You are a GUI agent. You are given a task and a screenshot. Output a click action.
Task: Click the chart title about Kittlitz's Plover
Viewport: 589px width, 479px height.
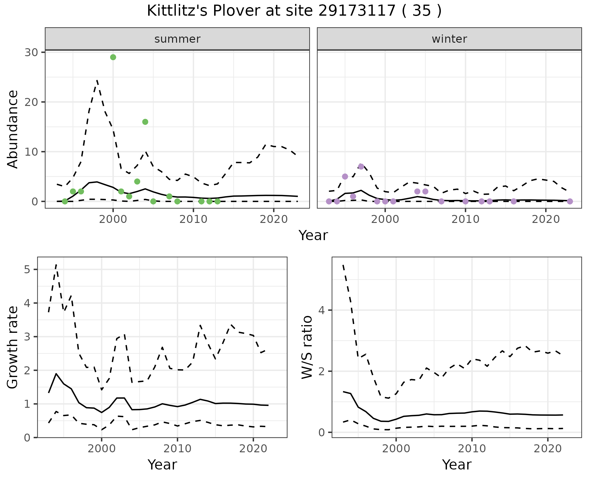pos(294,11)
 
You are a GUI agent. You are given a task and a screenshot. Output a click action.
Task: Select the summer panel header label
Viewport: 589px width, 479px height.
pos(177,39)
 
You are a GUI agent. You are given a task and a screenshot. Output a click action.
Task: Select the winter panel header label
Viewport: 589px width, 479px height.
pos(449,39)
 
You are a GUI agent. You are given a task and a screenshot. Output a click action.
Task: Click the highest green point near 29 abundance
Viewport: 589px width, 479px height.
pos(113,57)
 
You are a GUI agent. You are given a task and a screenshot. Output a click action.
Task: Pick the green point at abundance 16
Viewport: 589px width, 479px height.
pos(145,122)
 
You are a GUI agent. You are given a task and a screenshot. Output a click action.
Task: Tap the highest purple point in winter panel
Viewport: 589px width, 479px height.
pos(361,166)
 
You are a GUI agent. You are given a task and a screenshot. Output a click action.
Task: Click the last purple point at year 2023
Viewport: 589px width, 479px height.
pos(570,201)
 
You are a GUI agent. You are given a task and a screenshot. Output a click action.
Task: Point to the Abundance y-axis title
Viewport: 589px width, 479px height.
pos(13,129)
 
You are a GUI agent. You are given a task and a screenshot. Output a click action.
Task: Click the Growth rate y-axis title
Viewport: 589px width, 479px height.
pos(13,348)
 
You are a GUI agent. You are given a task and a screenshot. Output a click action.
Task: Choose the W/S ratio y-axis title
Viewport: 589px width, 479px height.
pos(307,348)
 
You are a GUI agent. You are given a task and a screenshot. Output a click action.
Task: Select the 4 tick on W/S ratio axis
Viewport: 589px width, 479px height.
pos(321,310)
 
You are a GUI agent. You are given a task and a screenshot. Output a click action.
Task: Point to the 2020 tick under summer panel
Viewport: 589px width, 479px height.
pos(274,220)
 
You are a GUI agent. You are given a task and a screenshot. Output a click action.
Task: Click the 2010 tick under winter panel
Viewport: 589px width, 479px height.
pos(465,220)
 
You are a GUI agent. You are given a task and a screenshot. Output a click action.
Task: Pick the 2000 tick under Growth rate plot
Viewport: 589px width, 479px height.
pos(102,449)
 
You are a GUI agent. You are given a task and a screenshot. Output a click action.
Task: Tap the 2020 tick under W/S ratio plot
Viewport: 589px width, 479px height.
pos(548,449)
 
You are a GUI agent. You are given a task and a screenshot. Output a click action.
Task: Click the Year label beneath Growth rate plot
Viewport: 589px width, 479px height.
pos(162,465)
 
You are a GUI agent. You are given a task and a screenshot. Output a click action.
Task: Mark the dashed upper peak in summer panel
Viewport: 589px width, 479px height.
pos(97,80)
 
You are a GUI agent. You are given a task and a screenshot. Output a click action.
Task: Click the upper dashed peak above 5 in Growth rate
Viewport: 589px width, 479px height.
pos(56,264)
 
